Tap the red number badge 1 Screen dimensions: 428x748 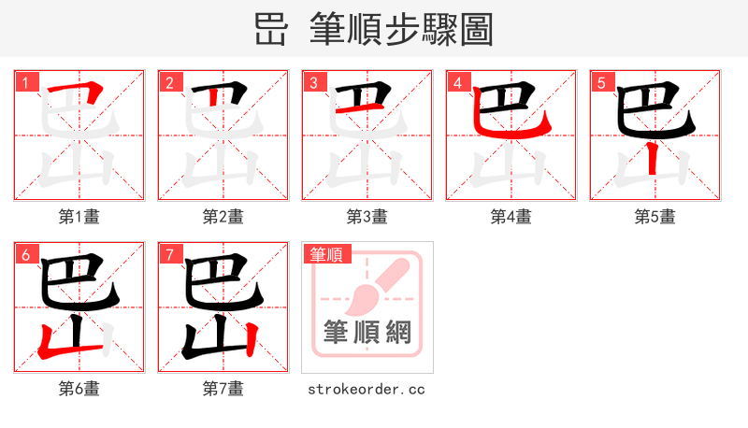[24, 82]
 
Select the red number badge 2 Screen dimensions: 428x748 [169, 82]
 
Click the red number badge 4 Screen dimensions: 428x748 [457, 82]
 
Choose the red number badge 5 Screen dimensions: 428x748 [601, 82]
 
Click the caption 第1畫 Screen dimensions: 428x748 [79, 217]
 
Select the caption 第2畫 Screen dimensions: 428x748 [223, 217]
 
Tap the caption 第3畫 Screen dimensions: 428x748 [367, 217]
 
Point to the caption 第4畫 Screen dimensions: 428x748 [511, 217]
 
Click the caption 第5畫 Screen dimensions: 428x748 [655, 217]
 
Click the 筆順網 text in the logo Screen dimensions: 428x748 [367, 332]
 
